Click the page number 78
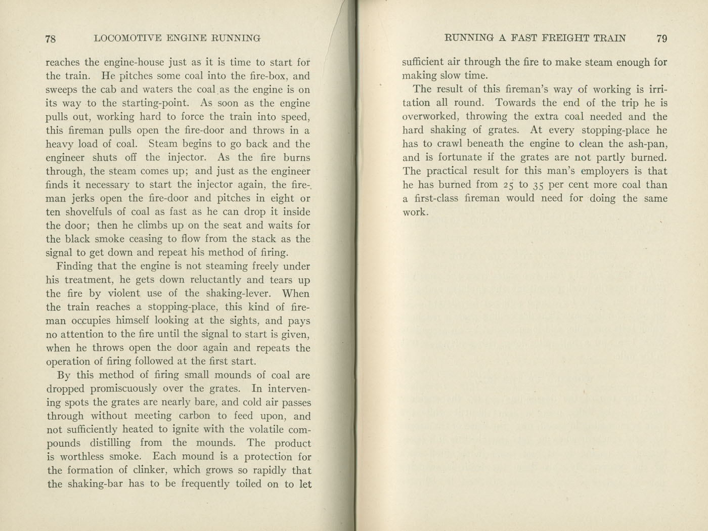coord(50,38)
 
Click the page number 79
coord(661,38)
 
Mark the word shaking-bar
coord(96,484)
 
